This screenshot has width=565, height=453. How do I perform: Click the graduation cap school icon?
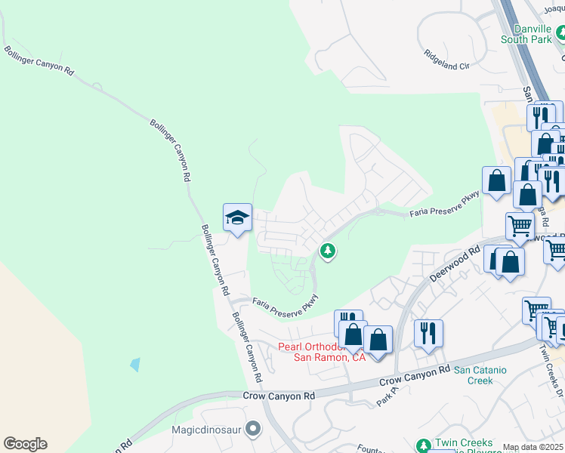pyautogui.click(x=237, y=218)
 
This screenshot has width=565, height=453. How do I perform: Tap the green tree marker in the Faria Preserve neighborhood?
pyautogui.click(x=327, y=250)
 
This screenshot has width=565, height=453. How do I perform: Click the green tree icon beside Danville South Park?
pyautogui.click(x=560, y=34)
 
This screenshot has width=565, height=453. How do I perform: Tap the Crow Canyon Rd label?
pyautogui.click(x=279, y=396)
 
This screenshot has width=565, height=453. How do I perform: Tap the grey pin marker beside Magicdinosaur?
pyautogui.click(x=253, y=429)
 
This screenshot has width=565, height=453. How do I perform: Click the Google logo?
pyautogui.click(x=25, y=444)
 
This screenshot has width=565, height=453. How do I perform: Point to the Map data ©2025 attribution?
pyautogui.click(x=533, y=448)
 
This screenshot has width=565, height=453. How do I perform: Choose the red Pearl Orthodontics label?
pyautogui.click(x=323, y=352)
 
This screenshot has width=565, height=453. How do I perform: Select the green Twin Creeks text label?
pyautogui.click(x=464, y=443)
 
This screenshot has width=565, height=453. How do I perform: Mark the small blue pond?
pyautogui.click(x=135, y=365)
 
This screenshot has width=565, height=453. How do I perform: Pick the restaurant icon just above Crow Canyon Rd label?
pyautogui.click(x=428, y=332)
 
